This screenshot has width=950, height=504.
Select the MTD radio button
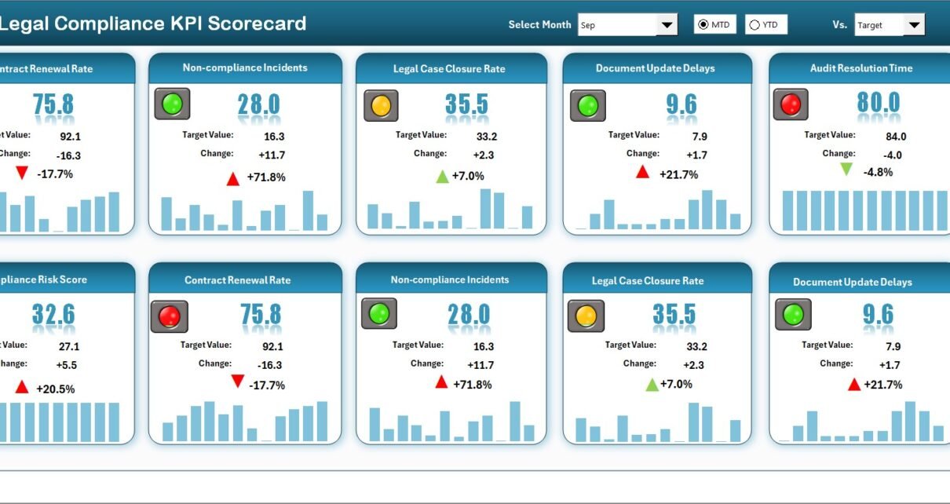point(703,25)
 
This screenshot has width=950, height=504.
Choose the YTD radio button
point(755,25)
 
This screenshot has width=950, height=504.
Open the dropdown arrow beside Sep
point(667,25)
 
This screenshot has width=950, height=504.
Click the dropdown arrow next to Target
point(914,25)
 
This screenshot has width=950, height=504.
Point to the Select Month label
point(539,25)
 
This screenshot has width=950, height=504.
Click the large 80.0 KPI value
point(879,103)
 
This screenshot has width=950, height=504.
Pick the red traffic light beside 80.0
point(791,104)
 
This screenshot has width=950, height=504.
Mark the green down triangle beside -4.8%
point(846,169)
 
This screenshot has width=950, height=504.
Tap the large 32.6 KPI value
point(53,315)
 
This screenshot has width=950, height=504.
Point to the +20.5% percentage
point(55,389)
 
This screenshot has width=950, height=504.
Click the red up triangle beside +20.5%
point(21,387)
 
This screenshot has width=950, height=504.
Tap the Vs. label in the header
point(839,25)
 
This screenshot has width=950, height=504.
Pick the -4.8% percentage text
point(878,172)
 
